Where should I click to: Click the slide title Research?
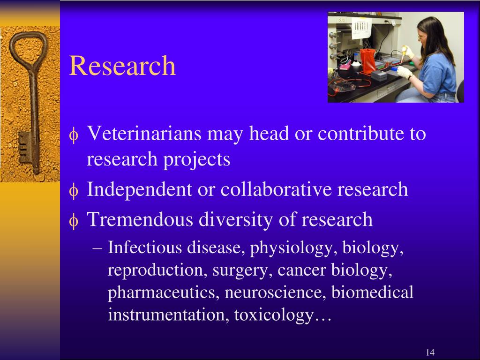(122, 66)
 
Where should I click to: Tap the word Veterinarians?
(144, 134)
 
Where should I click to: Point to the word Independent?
(139, 190)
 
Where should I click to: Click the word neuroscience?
(276, 292)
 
